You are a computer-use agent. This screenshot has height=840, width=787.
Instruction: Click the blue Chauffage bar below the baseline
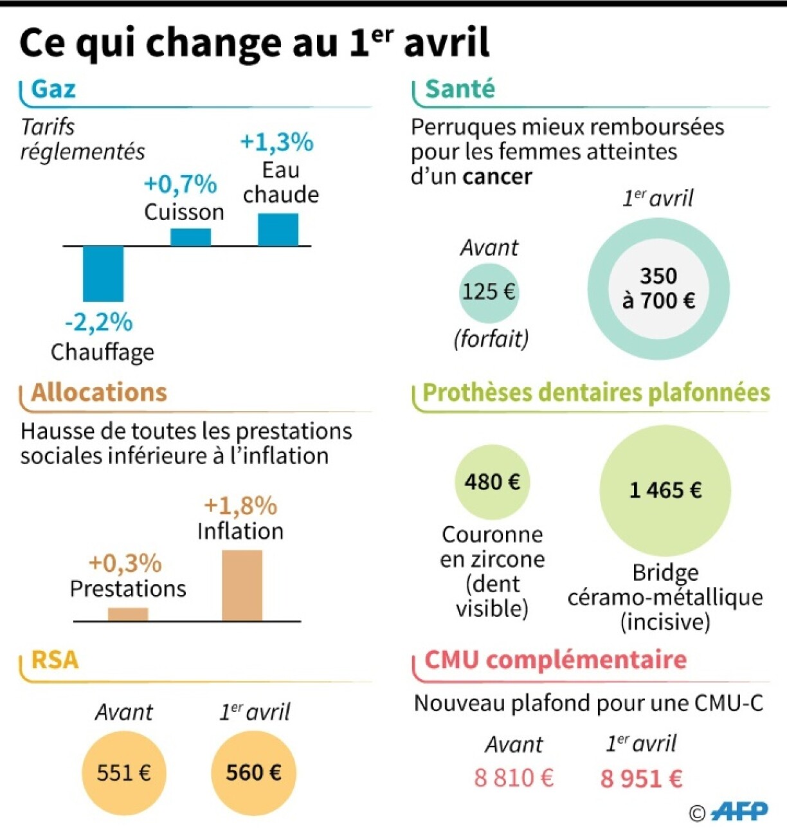[x=103, y=273]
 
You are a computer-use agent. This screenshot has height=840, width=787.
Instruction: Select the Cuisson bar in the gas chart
[x=190, y=237]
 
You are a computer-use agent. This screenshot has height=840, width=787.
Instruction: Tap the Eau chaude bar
[x=278, y=230]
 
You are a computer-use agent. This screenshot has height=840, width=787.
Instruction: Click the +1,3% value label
[x=276, y=142]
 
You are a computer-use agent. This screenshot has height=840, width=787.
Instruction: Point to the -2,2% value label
[x=98, y=322]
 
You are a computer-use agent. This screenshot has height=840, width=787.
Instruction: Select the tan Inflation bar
[x=242, y=585]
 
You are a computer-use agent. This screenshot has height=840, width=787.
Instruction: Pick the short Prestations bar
[x=128, y=614]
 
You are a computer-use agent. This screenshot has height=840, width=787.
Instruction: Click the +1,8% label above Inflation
[x=240, y=506]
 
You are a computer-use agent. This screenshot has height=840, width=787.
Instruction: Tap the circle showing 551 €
[x=124, y=772]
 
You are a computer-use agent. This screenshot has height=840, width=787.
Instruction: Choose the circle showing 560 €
[x=253, y=772]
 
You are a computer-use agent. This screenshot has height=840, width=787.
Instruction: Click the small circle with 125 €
[x=489, y=292]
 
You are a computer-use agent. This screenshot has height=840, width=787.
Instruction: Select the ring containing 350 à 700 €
[x=658, y=289]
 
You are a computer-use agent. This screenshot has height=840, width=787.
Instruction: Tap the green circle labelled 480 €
[x=492, y=482]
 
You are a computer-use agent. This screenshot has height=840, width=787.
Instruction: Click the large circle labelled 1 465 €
[x=665, y=490]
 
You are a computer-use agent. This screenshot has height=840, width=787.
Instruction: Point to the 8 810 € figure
[x=514, y=778]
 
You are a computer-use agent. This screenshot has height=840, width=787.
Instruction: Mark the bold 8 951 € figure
[x=641, y=779]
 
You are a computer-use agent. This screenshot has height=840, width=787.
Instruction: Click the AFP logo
[x=739, y=812]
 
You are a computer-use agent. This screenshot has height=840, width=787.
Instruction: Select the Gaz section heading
[x=53, y=89]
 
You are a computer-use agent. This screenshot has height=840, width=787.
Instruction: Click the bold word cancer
[x=497, y=176]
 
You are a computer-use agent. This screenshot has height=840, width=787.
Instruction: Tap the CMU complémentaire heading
[x=556, y=660]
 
